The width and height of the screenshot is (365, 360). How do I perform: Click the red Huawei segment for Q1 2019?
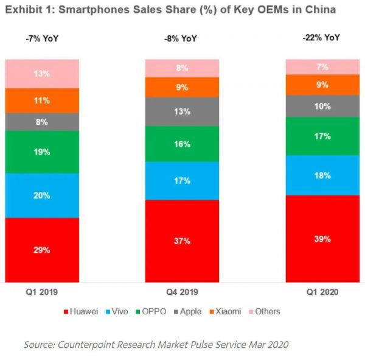coord(42,250)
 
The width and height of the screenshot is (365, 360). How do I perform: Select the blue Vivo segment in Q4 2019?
coord(182,180)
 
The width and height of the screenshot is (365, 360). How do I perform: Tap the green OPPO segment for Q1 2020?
coord(322,136)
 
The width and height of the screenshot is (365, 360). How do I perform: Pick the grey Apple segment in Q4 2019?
coord(182,111)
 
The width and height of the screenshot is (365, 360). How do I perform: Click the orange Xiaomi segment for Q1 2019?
coord(42,101)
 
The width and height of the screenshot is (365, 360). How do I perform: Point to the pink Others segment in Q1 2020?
coord(322,66)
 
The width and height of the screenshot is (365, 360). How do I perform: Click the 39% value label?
coord(322,239)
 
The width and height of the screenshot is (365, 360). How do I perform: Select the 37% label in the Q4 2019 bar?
coord(182,241)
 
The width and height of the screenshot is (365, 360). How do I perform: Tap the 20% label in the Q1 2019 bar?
coord(42,196)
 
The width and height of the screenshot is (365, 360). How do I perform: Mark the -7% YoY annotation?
coord(43,40)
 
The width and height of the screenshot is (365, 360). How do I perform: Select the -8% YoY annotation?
coord(182,40)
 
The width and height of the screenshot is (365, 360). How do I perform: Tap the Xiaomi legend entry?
coord(225,311)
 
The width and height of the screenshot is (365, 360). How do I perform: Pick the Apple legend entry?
coord(189,311)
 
